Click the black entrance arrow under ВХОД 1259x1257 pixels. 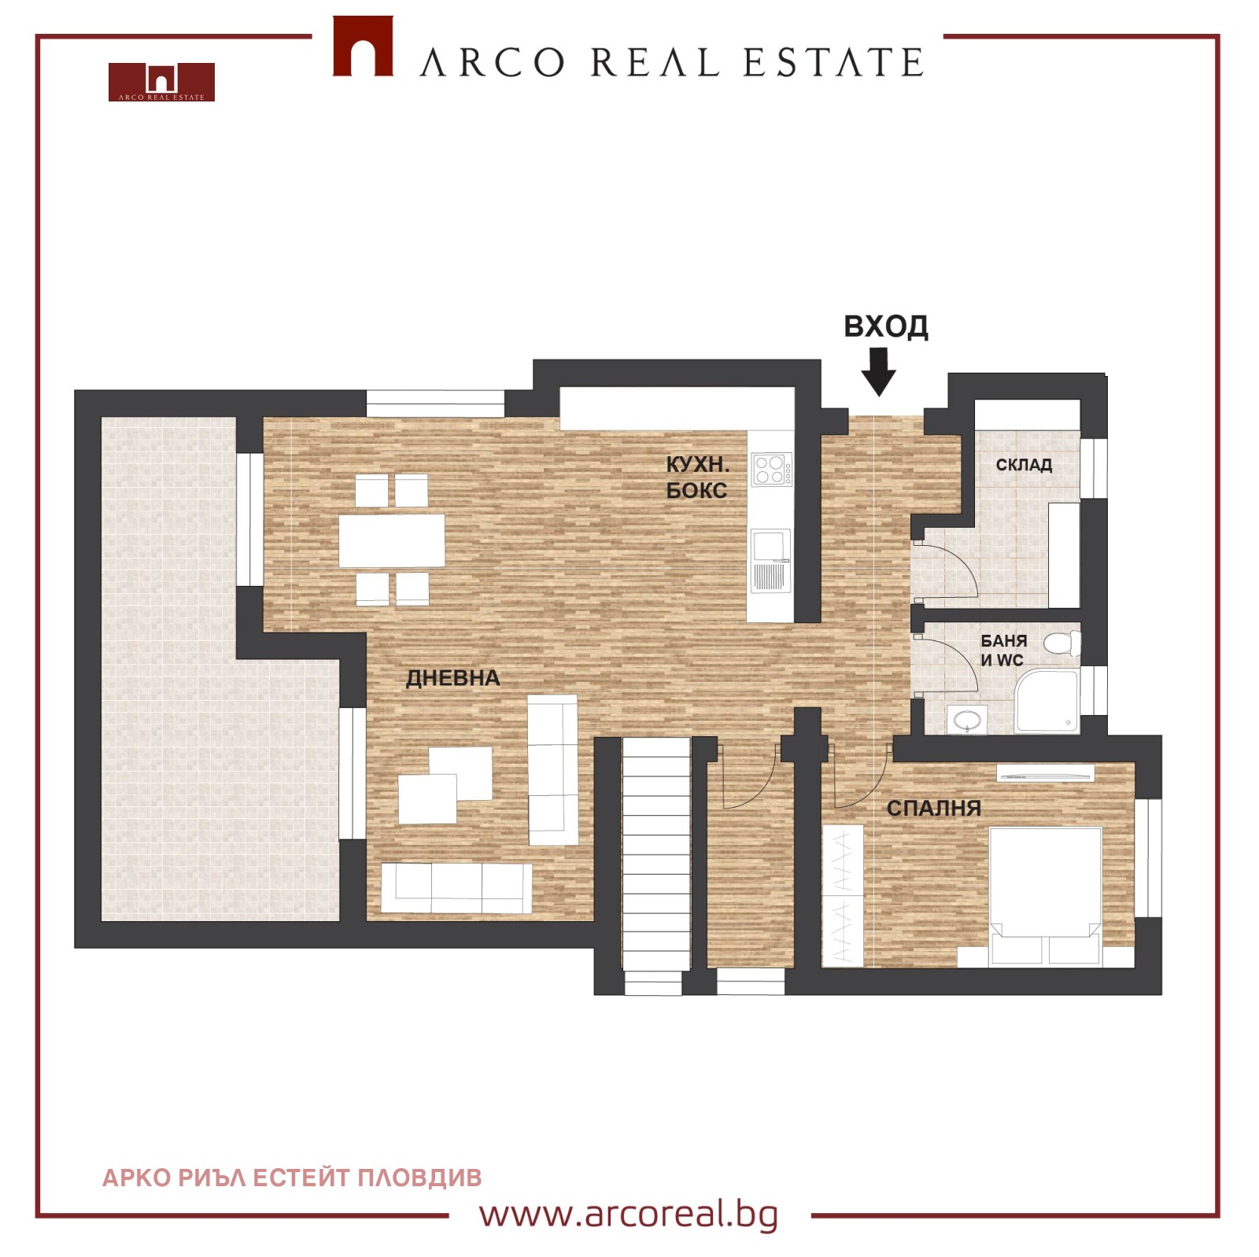(878, 372)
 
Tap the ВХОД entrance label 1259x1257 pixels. (886, 326)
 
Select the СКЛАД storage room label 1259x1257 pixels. (1024, 465)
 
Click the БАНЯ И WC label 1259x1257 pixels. (1003, 651)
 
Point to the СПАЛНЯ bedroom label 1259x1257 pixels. (933, 808)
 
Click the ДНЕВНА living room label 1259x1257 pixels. (452, 678)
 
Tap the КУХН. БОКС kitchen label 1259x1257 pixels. (697, 477)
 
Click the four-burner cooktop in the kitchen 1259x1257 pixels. (771, 470)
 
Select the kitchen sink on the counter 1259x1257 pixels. (770, 559)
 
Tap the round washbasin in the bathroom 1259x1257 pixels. (966, 719)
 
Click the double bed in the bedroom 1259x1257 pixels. (1045, 896)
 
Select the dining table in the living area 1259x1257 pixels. (392, 540)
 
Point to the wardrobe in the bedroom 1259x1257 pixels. (843, 895)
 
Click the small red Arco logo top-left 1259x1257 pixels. (161, 82)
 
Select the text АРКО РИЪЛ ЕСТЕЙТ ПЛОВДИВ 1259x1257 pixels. (292, 1178)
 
